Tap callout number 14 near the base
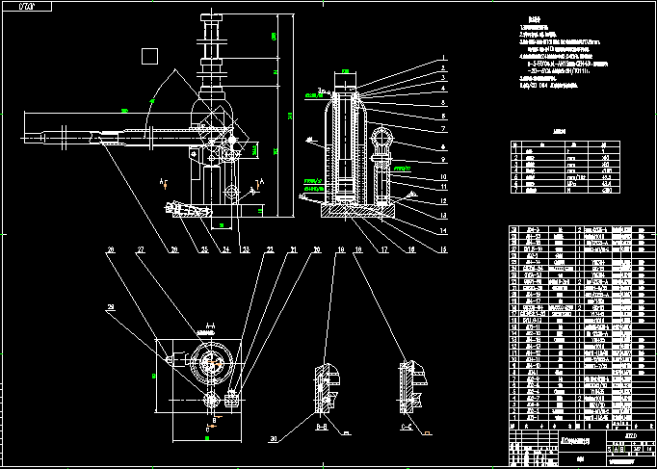pos(445,232)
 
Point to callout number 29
pos(112,307)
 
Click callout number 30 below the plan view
pos(274,438)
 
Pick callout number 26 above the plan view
pos(112,250)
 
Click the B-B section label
pos(323,423)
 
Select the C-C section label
pos(407,423)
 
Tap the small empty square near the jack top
pos(148,56)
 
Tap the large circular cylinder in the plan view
pos(210,364)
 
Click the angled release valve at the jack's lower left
pos(184,208)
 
